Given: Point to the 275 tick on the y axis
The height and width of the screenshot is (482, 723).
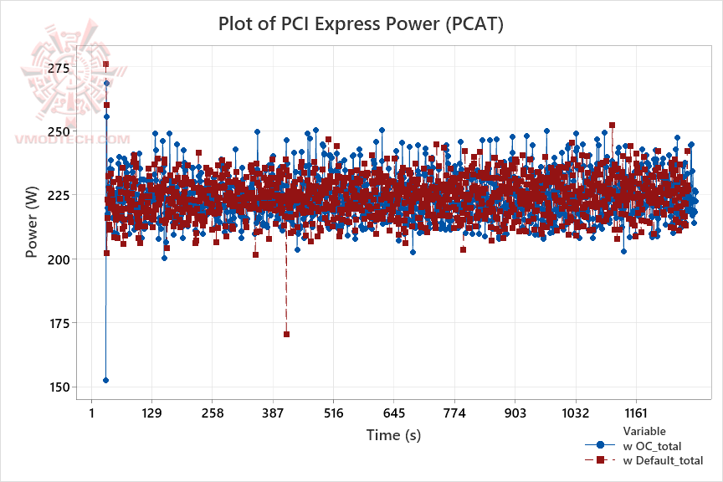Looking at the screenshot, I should (59, 68).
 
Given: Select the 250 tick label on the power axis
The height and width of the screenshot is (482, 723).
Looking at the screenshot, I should (59, 131).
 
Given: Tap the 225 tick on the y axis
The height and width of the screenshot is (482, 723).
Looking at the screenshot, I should (59, 195).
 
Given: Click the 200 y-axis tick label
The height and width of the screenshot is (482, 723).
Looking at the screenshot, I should (59, 259).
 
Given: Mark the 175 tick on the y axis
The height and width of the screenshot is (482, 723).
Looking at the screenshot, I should (59, 323).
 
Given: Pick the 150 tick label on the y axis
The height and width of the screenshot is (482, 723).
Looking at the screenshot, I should (59, 387).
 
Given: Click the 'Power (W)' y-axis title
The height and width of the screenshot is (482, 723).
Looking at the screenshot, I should (32, 226).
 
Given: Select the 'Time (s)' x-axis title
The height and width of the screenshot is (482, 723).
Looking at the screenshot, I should (393, 435).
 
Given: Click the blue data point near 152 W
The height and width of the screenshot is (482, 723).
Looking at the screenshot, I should (105, 380).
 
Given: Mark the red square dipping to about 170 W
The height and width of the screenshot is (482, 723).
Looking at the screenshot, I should (286, 334).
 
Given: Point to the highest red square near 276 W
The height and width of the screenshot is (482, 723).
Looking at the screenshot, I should (106, 64).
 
